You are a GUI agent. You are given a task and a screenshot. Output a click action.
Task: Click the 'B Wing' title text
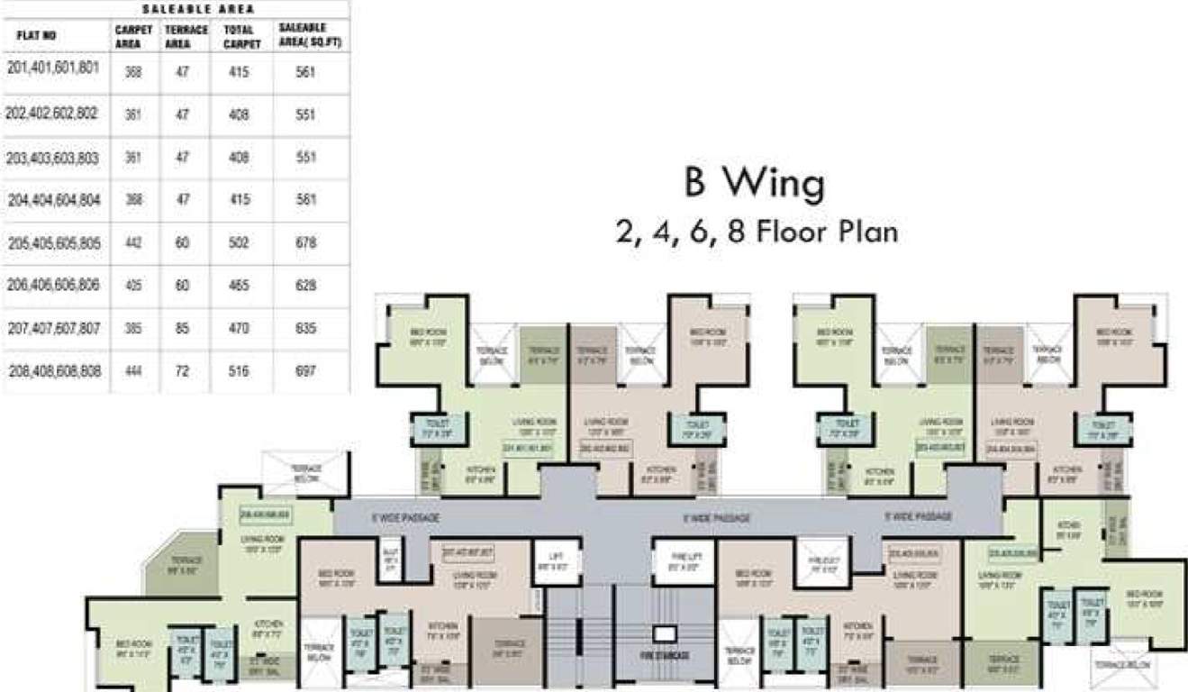(754, 185)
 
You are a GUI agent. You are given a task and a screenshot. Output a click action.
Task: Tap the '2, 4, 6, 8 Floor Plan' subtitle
(756, 232)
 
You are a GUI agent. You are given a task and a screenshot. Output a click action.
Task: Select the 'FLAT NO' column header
(36, 37)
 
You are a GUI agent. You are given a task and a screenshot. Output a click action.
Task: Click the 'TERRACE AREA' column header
(186, 37)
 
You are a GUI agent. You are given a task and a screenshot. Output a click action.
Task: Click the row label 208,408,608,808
(53, 371)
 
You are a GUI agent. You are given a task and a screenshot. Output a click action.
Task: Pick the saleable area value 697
(305, 371)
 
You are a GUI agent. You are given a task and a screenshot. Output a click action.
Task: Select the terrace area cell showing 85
(183, 330)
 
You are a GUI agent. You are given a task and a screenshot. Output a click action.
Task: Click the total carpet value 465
(239, 286)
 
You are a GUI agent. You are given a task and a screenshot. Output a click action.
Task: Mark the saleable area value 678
(305, 243)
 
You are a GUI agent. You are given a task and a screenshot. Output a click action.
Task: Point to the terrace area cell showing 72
(183, 371)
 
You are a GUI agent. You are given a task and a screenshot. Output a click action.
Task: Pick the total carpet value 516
(239, 371)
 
